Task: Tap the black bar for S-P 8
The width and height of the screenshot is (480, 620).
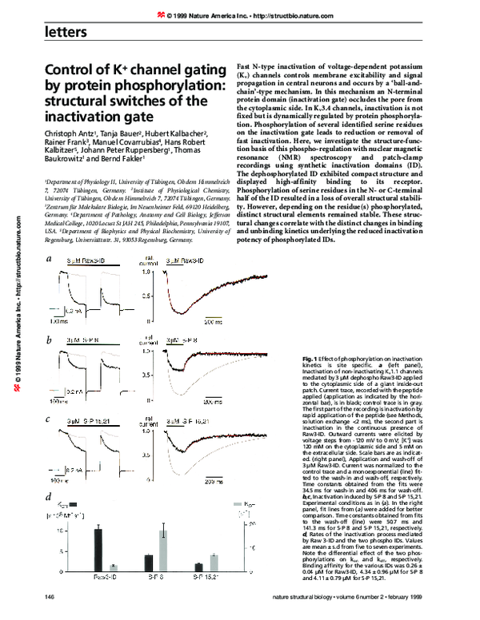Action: (x=149, y=565)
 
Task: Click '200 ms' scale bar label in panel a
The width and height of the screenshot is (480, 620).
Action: (x=212, y=323)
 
